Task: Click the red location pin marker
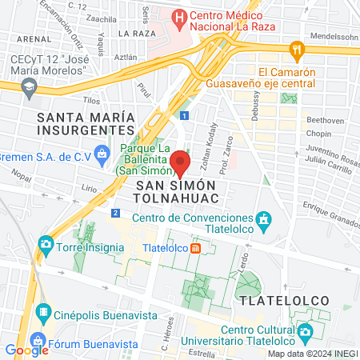(180, 163)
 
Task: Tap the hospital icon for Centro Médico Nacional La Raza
(181, 16)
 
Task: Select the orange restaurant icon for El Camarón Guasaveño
(298, 50)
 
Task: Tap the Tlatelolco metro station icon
(195, 248)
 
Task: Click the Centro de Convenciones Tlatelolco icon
(264, 218)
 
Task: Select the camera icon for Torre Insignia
(46, 244)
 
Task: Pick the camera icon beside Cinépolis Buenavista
(44, 311)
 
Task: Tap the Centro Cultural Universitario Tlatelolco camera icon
(305, 331)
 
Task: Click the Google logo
(26, 350)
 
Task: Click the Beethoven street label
(325, 119)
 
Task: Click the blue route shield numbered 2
(116, 213)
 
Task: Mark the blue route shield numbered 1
(185, 116)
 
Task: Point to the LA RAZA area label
(136, 34)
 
